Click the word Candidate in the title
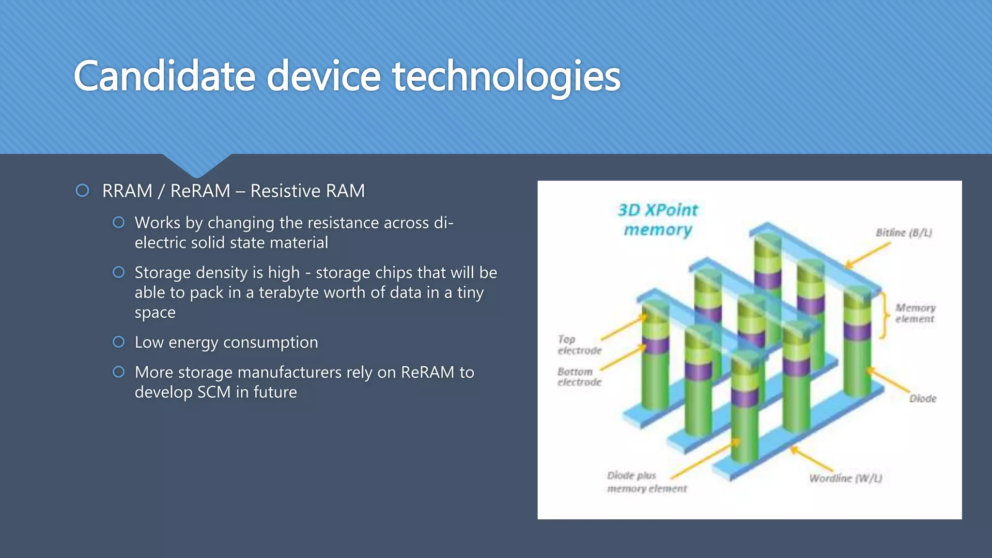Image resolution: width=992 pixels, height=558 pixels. point(164,76)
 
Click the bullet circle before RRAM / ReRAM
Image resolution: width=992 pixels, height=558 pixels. point(82,190)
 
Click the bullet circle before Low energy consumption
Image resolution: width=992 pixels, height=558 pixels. point(119,342)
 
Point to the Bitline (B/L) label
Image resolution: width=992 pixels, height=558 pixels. point(903,232)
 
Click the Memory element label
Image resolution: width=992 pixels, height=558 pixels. point(915,313)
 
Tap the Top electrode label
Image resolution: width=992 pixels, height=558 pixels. point(579,344)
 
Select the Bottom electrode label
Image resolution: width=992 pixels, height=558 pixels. point(579,376)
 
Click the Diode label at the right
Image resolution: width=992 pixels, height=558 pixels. point(922,398)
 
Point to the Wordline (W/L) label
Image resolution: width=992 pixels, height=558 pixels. point(845,478)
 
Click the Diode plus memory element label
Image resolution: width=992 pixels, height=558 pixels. point(647,482)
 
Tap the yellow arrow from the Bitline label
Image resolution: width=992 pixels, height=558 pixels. point(868,255)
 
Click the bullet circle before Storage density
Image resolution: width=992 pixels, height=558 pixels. point(119,272)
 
